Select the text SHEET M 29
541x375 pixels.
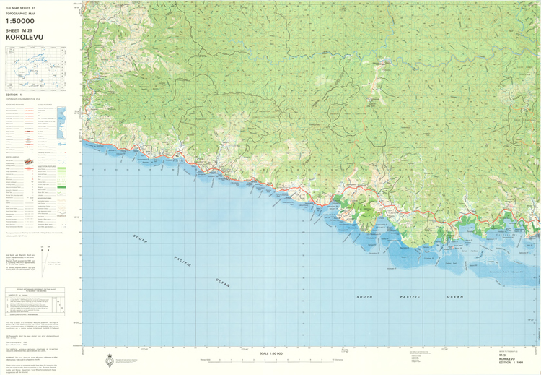click(x=21, y=31)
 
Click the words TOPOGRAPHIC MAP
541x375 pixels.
click(x=20, y=13)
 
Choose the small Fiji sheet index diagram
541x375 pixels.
click(x=35, y=68)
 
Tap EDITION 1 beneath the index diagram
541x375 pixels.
click(x=14, y=95)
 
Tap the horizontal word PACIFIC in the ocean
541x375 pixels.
click(x=409, y=297)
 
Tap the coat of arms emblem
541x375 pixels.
click(x=109, y=361)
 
